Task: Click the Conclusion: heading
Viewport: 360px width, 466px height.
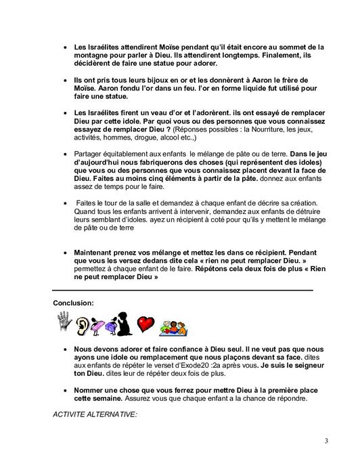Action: tap(74, 303)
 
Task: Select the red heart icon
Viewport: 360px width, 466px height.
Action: tap(146, 324)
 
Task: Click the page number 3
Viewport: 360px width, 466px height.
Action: tap(325, 442)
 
